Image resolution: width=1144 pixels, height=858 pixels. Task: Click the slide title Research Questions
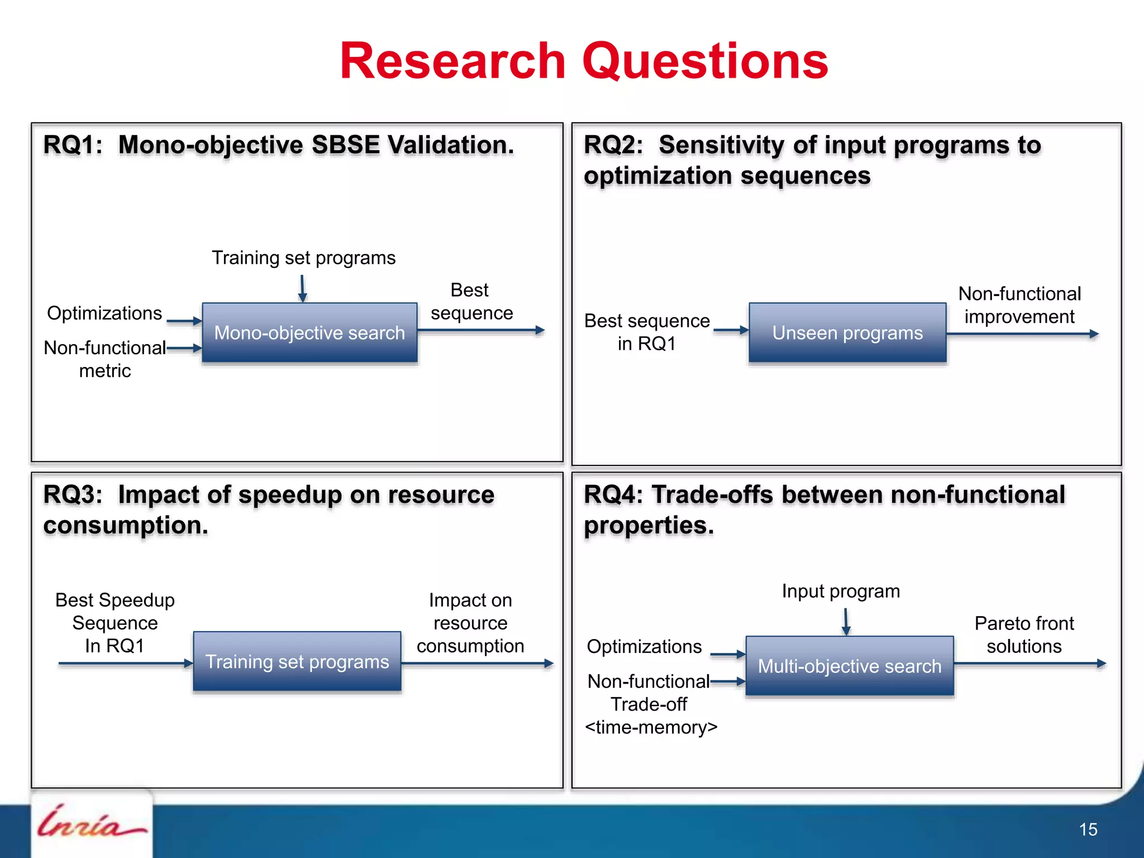pos(584,61)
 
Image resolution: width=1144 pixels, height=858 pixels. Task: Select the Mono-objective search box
pos(309,333)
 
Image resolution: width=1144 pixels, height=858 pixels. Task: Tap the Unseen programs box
pos(847,333)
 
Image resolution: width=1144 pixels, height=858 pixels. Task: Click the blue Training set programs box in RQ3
pos(297,662)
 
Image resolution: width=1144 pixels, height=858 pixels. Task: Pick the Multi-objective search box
pos(849,666)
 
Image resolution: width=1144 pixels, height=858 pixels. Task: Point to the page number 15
pos(1088,830)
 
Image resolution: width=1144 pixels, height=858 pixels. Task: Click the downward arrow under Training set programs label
pos(302,288)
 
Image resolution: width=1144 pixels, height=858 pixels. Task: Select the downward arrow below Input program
pos(846,621)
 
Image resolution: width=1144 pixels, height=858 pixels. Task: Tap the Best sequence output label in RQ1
pos(471,302)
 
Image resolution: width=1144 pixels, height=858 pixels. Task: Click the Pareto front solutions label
pos(1024,635)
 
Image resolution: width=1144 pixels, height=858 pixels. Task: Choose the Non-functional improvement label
pos(1019,305)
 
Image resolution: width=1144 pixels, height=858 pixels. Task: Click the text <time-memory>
pos(651,727)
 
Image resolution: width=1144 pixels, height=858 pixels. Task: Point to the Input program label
pos(841,591)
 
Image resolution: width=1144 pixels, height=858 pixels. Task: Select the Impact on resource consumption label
pos(470,623)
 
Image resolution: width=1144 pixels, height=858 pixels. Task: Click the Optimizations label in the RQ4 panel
pos(644,647)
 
